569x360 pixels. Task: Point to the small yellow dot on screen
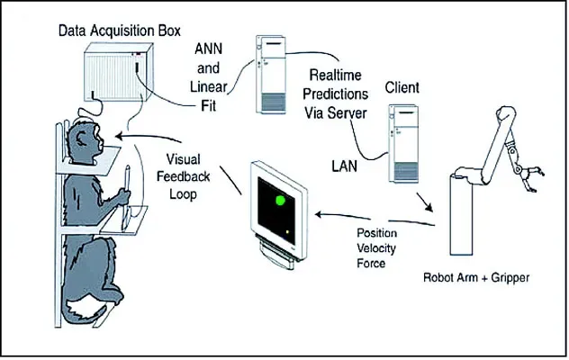[x=287, y=232]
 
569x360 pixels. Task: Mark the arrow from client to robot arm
[x=422, y=198]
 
